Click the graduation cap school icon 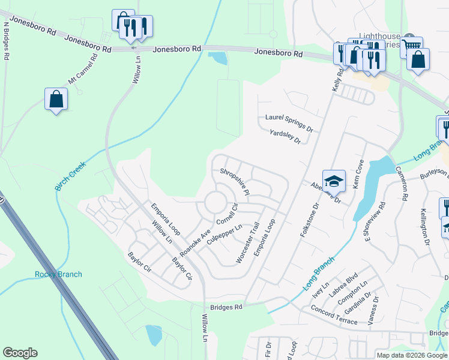click(334, 180)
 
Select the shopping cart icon click(411, 46)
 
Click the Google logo click(20, 353)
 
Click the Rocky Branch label click(58, 275)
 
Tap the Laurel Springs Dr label click(289, 123)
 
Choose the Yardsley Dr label click(285, 137)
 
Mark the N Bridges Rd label click(7, 41)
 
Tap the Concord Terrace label click(334, 315)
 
